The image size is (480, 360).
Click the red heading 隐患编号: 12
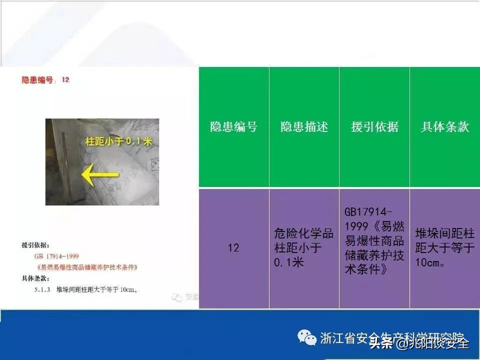tap(45, 80)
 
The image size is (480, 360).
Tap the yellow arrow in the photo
tap(100, 175)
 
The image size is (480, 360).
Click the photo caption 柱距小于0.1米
tap(118, 142)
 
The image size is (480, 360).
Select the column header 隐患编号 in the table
tap(233, 127)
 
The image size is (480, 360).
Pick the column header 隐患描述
tap(304, 127)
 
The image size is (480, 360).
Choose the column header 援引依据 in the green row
tap(374, 127)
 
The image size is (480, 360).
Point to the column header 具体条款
tap(445, 127)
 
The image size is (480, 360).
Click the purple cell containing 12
tap(233, 248)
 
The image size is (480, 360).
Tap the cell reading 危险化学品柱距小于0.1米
tap(304, 248)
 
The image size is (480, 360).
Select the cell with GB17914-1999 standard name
tap(374, 240)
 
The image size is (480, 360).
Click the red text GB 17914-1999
tap(56, 256)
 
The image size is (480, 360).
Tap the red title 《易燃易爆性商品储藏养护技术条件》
tap(86, 267)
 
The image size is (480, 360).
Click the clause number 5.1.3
tap(42, 289)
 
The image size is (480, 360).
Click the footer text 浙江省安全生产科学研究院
tap(392, 337)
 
